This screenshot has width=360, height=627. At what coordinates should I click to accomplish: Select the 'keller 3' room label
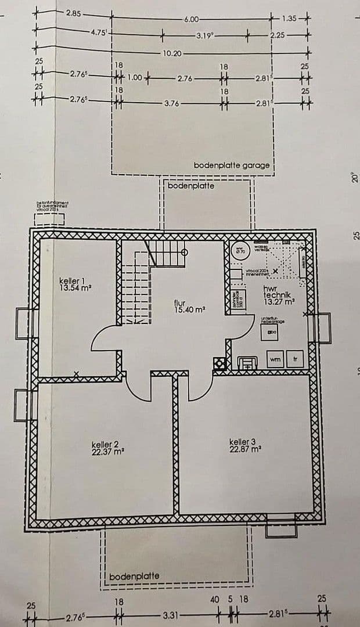click(x=242, y=442)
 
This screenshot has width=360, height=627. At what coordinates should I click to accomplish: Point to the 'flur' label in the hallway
click(x=179, y=303)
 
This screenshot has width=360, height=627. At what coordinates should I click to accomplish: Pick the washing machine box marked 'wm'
click(x=275, y=360)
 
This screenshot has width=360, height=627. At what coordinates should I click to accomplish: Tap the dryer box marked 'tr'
click(x=296, y=360)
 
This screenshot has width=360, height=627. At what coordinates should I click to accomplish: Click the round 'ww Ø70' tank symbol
click(x=240, y=251)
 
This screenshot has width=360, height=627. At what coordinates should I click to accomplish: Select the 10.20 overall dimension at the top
click(x=172, y=53)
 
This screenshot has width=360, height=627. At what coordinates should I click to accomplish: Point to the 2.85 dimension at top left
click(x=74, y=13)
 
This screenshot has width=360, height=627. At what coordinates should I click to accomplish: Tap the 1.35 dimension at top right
click(x=289, y=19)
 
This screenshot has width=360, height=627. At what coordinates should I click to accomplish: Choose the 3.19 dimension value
click(x=205, y=36)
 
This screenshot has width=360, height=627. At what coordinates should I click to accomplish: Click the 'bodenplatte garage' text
click(x=232, y=165)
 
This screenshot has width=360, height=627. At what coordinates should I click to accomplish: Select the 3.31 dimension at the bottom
click(x=171, y=614)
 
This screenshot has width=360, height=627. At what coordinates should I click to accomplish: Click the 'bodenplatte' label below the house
click(x=134, y=576)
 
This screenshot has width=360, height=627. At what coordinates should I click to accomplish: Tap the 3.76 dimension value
click(x=172, y=103)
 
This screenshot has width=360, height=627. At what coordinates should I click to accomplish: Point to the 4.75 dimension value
click(x=98, y=33)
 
